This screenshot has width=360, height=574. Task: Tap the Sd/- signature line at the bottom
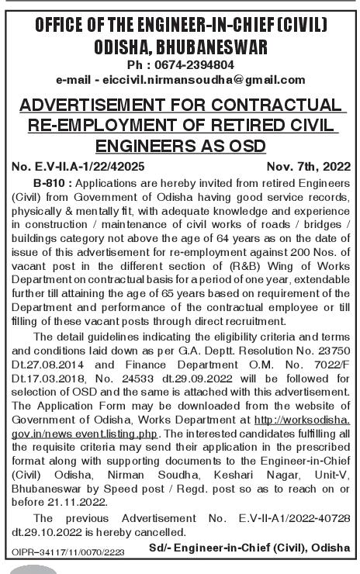251,548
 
